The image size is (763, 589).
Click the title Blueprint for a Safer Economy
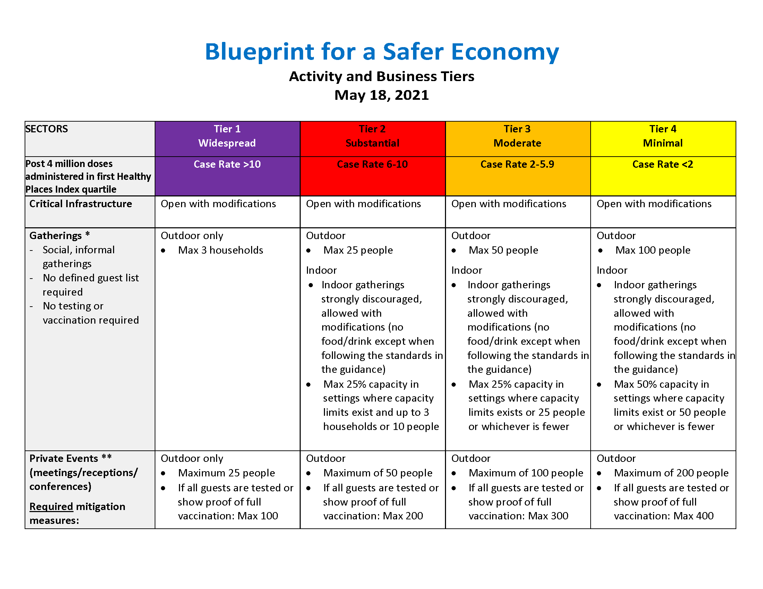point(381,52)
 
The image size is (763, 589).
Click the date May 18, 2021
point(381,95)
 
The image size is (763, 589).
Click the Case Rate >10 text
point(227,164)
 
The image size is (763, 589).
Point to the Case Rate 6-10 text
point(372,164)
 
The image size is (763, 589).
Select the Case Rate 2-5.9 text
point(517,164)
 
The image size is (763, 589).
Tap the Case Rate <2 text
point(663,164)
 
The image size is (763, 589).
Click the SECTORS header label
point(47,129)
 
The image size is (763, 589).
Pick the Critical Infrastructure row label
point(80,204)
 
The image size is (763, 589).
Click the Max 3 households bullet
point(221,250)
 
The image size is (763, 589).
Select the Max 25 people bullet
point(358,250)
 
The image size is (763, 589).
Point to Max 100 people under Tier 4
point(653,250)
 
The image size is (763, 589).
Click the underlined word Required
point(51,506)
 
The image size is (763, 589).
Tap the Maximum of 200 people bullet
point(671,473)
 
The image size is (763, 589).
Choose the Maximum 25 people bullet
point(226,473)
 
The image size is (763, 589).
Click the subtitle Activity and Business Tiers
point(381,77)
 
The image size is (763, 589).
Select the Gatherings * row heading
point(59,236)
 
